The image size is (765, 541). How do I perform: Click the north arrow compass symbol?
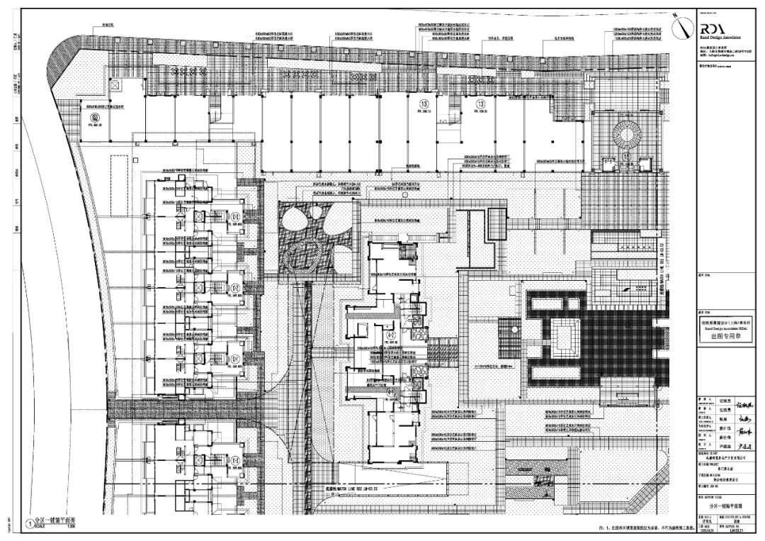click(x=681, y=27)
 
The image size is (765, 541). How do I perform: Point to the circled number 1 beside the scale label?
click(x=29, y=525)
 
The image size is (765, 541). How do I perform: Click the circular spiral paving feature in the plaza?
click(x=625, y=133)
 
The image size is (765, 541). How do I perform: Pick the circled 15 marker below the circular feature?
click(x=626, y=154)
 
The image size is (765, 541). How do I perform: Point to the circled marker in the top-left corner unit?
click(x=94, y=118)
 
